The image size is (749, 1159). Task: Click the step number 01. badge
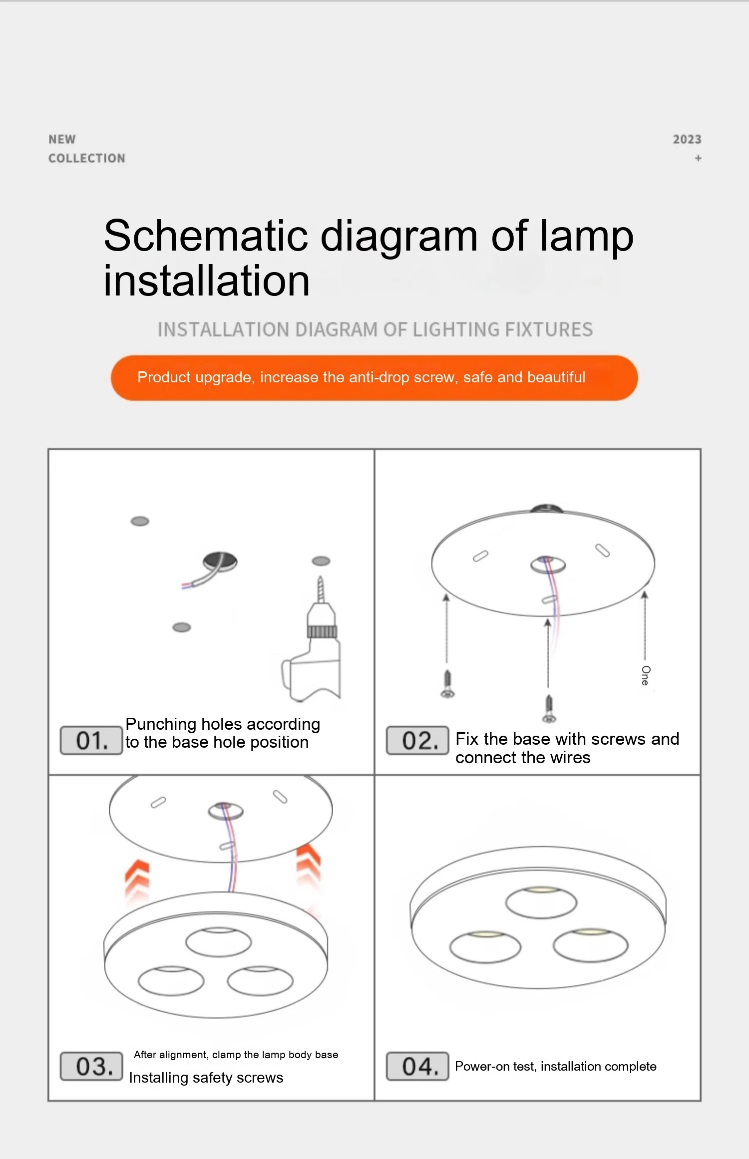click(x=91, y=740)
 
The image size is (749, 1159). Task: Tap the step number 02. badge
click(x=417, y=740)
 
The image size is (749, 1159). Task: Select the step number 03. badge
click(x=91, y=1066)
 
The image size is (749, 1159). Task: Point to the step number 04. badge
click(x=417, y=1066)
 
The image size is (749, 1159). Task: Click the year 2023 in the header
click(x=687, y=139)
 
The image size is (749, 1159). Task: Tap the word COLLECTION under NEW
click(x=87, y=158)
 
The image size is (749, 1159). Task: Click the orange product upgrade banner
click(x=374, y=378)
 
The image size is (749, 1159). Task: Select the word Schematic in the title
click(x=206, y=236)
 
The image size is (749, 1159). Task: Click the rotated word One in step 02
click(x=646, y=675)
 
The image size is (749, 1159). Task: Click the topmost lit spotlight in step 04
click(x=541, y=902)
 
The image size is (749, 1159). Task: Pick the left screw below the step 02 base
click(x=447, y=684)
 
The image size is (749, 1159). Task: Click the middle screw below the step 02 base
click(x=549, y=709)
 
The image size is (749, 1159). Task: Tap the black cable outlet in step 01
click(x=220, y=561)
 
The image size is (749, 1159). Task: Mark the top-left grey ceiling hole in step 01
click(x=140, y=521)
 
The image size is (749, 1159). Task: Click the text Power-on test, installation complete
click(x=555, y=1067)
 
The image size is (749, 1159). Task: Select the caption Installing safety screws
click(x=206, y=1078)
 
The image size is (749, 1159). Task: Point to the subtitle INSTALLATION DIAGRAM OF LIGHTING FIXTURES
click(x=375, y=329)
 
